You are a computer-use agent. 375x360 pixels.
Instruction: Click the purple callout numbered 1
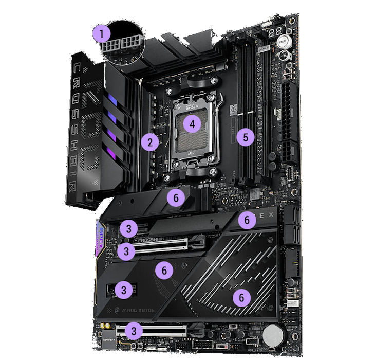(102, 35)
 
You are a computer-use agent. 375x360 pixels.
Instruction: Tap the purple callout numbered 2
(150, 142)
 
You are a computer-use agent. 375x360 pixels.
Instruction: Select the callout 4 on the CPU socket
(192, 124)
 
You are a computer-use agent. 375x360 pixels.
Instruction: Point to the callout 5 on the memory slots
(246, 137)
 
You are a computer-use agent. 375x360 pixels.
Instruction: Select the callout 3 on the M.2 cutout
(122, 289)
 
